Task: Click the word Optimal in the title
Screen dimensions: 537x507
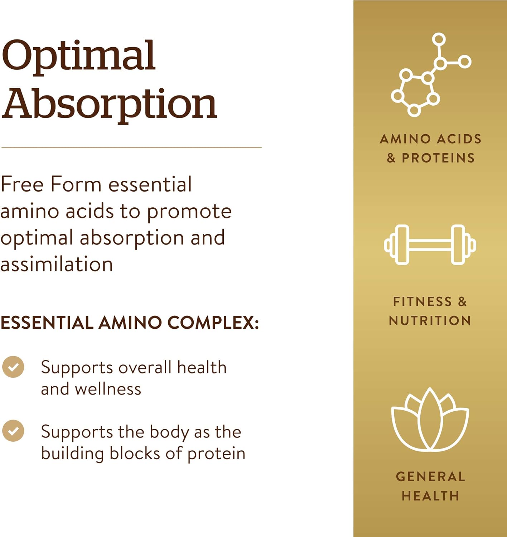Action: tap(78, 56)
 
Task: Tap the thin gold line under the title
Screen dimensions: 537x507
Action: tap(131, 147)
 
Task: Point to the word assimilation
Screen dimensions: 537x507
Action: tap(57, 265)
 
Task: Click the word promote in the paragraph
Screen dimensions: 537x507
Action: tap(189, 212)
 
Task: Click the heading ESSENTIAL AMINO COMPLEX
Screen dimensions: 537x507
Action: tap(129, 323)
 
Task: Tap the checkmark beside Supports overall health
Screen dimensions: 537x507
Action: tap(13, 367)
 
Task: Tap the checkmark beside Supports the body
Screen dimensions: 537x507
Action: tap(13, 431)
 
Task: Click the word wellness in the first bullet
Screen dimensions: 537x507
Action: tap(108, 389)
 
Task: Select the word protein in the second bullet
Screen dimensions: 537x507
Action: tap(216, 454)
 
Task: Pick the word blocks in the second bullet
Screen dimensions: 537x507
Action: tap(135, 453)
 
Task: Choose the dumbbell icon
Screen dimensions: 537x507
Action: tap(430, 245)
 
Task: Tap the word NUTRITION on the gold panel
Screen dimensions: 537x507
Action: tap(430, 321)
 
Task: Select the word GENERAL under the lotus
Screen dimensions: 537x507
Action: tap(430, 477)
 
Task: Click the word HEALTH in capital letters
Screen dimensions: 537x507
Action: tap(430, 496)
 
